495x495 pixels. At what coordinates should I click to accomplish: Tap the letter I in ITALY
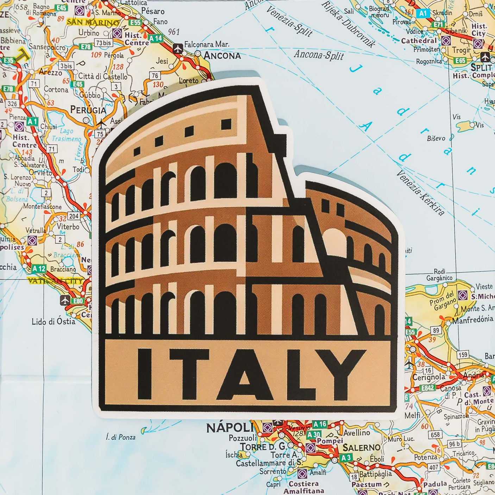[145, 374]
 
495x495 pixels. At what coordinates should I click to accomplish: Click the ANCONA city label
[222, 56]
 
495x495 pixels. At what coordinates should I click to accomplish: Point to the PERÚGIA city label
[88, 110]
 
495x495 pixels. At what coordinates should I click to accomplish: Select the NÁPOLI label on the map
[229, 428]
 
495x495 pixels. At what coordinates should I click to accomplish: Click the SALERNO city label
[361, 448]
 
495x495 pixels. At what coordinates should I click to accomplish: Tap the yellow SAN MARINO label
[93, 23]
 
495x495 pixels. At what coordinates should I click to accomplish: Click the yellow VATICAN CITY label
[55, 281]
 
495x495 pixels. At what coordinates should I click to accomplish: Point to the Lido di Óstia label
[53, 321]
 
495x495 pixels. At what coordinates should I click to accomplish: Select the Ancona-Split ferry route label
[319, 55]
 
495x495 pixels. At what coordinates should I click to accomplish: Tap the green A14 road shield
[155, 38]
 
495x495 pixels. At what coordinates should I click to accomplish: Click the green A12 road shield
[39, 269]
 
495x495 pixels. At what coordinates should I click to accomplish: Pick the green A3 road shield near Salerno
[346, 458]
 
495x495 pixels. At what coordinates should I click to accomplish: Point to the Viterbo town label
[68, 227]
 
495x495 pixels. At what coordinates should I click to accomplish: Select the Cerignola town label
[428, 377]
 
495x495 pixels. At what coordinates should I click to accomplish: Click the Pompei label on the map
[330, 440]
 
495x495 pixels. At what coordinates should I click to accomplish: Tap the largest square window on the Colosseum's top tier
[226, 124]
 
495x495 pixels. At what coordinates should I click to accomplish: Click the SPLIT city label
[481, 67]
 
